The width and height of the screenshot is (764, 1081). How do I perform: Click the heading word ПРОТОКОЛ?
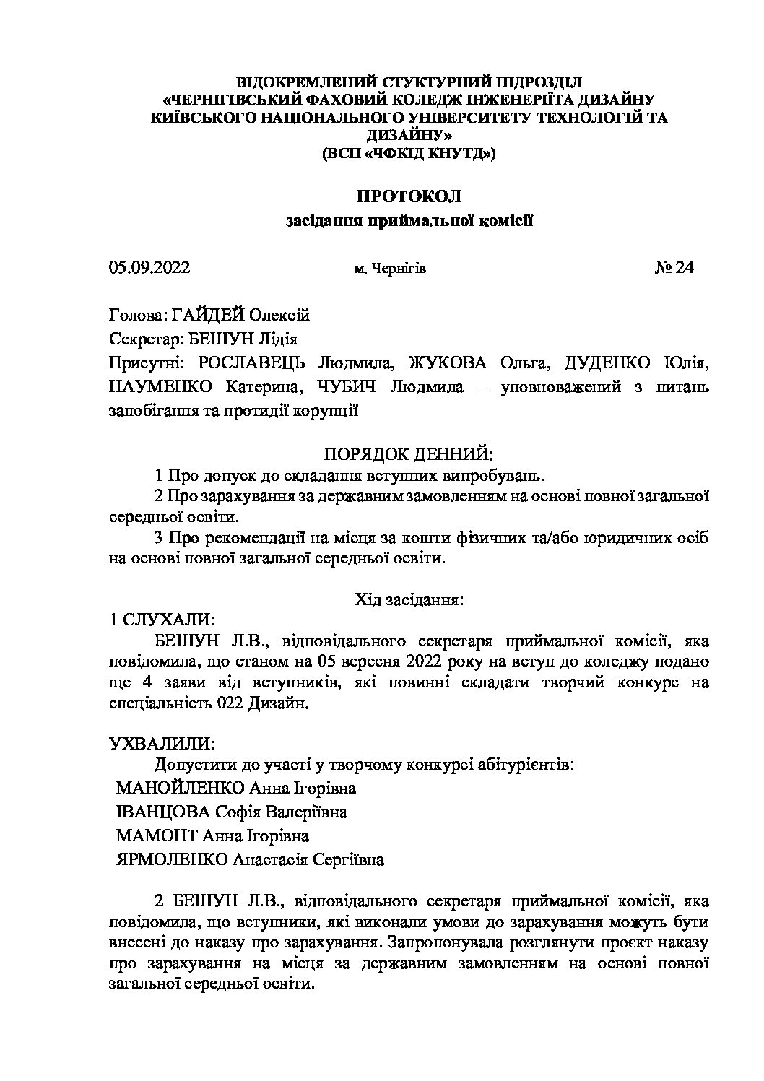click(x=409, y=196)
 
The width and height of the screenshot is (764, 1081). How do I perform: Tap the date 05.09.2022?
click(x=149, y=268)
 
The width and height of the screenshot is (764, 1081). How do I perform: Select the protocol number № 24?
click(x=674, y=268)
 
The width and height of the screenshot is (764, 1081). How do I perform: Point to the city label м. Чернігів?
click(x=390, y=269)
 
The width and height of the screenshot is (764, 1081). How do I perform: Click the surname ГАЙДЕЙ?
click(x=209, y=315)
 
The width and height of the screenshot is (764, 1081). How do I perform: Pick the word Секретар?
click(x=138, y=339)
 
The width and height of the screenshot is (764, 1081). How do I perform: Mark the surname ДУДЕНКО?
click(x=609, y=362)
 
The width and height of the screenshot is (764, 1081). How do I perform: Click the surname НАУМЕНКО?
click(x=160, y=386)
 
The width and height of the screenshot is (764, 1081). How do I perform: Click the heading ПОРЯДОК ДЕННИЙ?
click(x=409, y=454)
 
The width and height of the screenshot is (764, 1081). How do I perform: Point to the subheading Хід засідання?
click(x=409, y=599)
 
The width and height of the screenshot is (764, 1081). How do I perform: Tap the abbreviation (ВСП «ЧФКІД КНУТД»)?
click(x=409, y=153)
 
